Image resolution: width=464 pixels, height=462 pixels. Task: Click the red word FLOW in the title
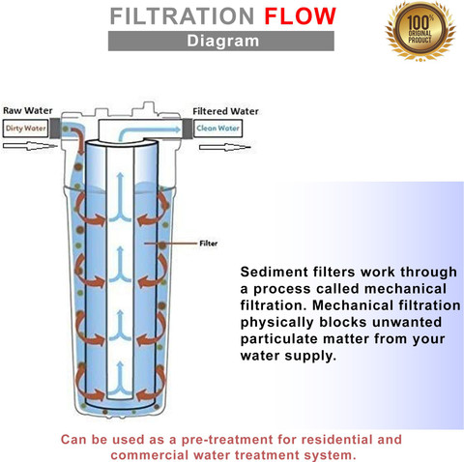click(x=300, y=16)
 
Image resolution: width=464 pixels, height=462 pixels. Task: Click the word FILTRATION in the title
click(x=183, y=16)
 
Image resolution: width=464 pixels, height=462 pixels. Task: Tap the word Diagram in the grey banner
click(x=223, y=41)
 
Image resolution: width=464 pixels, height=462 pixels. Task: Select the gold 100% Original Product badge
click(x=420, y=31)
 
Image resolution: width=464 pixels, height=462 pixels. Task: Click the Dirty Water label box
click(x=25, y=129)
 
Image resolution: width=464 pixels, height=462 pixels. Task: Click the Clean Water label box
click(x=217, y=129)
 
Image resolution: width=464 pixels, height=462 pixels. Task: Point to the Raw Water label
click(x=28, y=111)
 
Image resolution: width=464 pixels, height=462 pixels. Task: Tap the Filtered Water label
click(x=225, y=111)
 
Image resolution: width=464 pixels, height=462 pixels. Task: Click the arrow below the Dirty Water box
click(x=30, y=146)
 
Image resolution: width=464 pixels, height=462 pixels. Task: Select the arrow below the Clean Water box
click(x=224, y=148)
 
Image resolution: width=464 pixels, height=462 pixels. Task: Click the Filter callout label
click(x=209, y=244)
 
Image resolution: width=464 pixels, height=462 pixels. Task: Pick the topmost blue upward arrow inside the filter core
click(x=120, y=197)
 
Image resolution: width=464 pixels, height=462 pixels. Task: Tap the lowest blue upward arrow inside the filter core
click(x=120, y=379)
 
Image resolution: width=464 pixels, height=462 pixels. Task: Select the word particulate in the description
click(x=279, y=339)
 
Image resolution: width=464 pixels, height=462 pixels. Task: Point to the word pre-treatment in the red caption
click(x=227, y=440)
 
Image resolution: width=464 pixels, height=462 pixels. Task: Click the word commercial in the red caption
click(x=150, y=455)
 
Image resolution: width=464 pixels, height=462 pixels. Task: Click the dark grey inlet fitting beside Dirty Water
click(x=55, y=129)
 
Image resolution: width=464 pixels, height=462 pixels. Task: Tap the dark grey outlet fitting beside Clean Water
click(x=188, y=129)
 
